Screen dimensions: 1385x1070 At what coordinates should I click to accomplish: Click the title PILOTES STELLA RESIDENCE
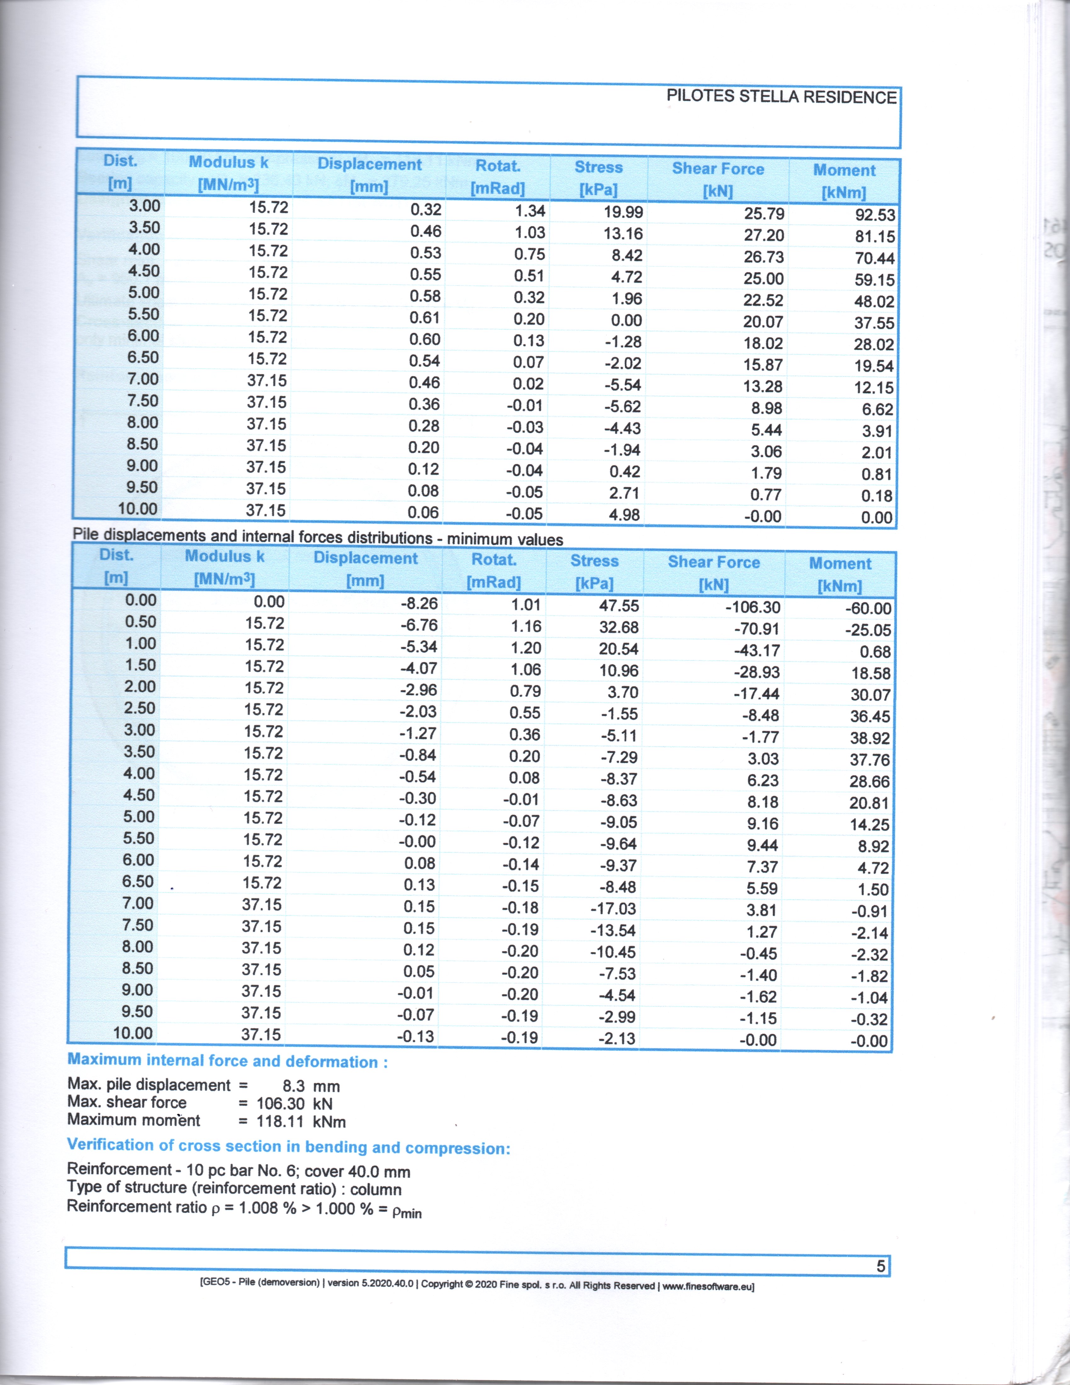[x=781, y=97]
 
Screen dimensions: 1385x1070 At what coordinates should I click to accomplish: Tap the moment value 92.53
[x=875, y=215]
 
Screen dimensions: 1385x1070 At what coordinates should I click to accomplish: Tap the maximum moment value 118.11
[x=279, y=1121]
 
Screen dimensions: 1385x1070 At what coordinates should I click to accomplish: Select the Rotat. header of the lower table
[x=494, y=560]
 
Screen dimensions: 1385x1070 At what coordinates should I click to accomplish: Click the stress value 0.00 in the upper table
[x=626, y=320]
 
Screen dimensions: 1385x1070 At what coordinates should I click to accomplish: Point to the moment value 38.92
[x=870, y=738]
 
